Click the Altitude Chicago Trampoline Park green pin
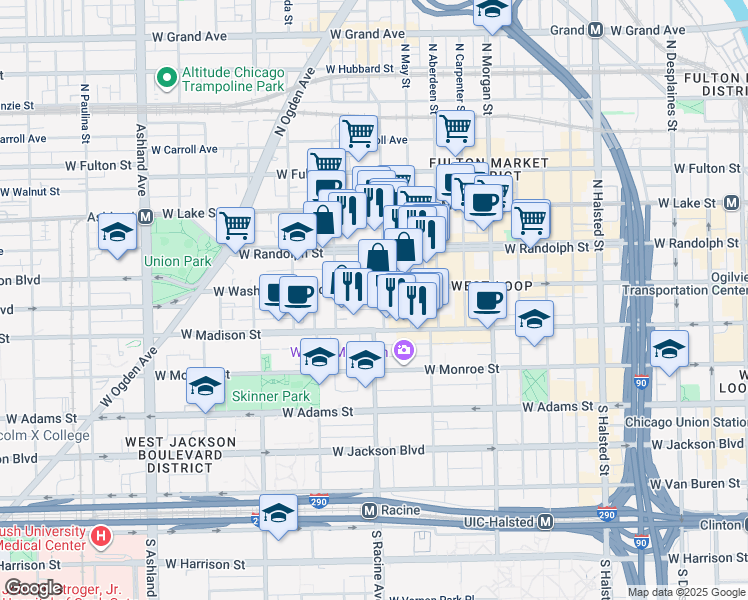pyautogui.click(x=166, y=77)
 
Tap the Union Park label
pyautogui.click(x=178, y=261)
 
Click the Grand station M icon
pyautogui.click(x=596, y=30)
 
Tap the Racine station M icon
pyautogui.click(x=369, y=510)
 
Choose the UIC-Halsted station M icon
pyautogui.click(x=546, y=522)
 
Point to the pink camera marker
pyautogui.click(x=404, y=350)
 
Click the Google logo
pyautogui.click(x=32, y=587)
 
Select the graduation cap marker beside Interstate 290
pyautogui.click(x=279, y=513)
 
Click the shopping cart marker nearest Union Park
pyautogui.click(x=235, y=226)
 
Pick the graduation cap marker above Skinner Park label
pyautogui.click(x=205, y=387)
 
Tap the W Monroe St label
pyautogui.click(x=461, y=369)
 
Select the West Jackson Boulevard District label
pyautogui.click(x=180, y=453)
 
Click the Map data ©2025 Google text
pyautogui.click(x=685, y=591)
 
